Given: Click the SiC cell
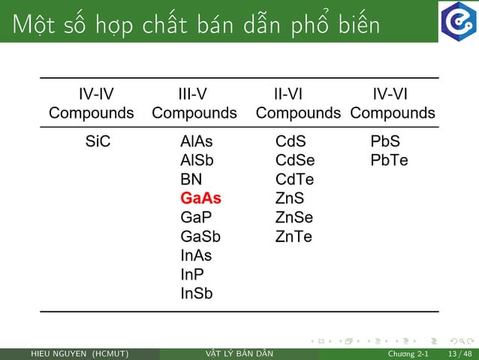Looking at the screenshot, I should [97, 141].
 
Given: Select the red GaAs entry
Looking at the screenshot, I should [201, 198].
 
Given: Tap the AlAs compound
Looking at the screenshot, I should [197, 141].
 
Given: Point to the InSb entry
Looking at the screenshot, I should [197, 294].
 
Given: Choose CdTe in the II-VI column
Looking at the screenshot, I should [294, 180].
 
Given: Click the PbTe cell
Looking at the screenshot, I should [389, 160].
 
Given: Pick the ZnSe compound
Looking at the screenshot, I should [294, 218].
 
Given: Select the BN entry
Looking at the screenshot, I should [191, 180].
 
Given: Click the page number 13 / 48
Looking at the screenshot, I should [459, 354].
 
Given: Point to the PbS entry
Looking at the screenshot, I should [385, 141].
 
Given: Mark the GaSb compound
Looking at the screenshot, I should [200, 237].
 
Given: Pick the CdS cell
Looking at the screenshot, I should [291, 141].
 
